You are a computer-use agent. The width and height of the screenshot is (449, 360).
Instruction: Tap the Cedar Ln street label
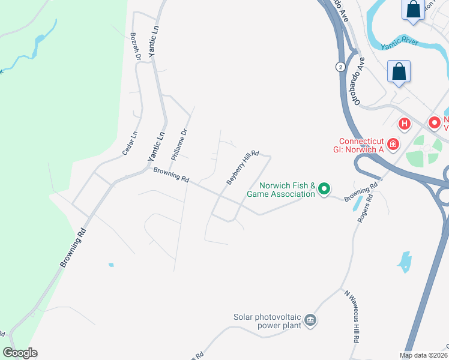[x=130, y=144]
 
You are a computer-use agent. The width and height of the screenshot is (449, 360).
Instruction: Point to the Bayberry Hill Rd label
[x=242, y=167]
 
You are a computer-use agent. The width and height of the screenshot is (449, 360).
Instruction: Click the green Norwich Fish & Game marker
[x=324, y=190]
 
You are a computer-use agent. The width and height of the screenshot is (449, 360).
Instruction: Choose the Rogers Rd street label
[x=366, y=208]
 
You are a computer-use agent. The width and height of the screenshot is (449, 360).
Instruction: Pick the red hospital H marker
[x=405, y=124]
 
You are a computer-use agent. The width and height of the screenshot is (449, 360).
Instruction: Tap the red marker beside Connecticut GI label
[x=393, y=144]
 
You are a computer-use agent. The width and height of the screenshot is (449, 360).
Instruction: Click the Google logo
[x=20, y=353]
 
